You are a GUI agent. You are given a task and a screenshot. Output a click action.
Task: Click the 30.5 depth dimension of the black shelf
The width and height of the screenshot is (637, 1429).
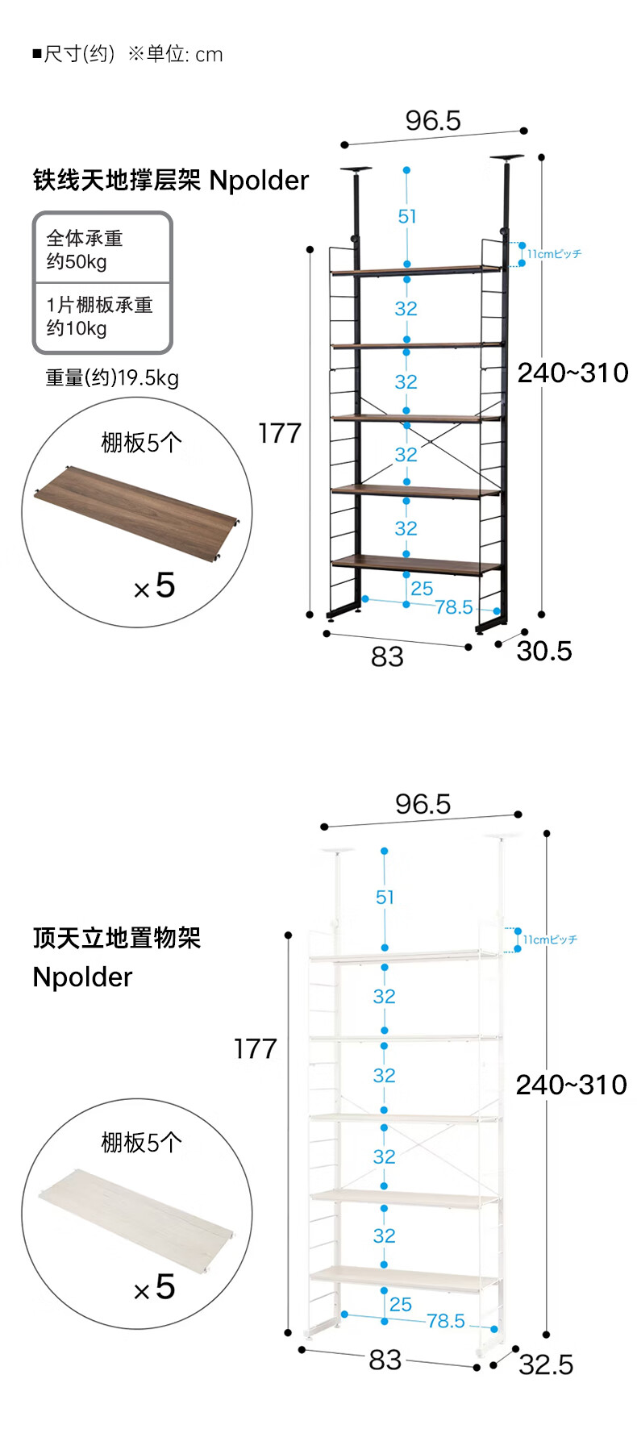pyautogui.click(x=544, y=651)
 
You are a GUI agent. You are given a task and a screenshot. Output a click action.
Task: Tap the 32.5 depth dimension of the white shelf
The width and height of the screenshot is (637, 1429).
pyautogui.click(x=546, y=1364)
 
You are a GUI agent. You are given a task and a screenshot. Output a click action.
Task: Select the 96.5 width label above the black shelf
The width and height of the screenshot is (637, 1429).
pyautogui.click(x=433, y=121)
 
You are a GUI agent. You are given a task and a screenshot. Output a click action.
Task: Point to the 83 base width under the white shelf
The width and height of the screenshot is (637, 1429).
pyautogui.click(x=385, y=1360)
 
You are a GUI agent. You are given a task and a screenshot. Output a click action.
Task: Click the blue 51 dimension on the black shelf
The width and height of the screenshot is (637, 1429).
pyautogui.click(x=407, y=216)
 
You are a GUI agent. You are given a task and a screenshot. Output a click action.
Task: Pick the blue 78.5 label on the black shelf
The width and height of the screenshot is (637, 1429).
pyautogui.click(x=453, y=607)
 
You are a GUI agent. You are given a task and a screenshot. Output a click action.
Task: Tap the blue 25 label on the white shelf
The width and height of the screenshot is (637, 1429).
pyautogui.click(x=401, y=1304)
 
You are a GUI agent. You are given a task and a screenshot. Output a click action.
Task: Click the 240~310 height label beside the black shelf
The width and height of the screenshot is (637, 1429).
pyautogui.click(x=572, y=373)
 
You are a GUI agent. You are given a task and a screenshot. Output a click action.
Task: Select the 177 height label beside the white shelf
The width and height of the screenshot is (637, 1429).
pyautogui.click(x=255, y=1048)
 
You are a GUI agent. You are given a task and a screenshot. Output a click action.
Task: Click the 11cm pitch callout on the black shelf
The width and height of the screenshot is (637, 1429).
pyautogui.click(x=554, y=254)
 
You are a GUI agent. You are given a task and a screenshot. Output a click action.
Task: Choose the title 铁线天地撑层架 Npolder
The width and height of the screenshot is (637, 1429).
pyautogui.click(x=170, y=180)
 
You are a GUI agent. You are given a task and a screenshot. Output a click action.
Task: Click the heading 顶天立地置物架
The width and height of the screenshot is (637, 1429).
pyautogui.click(x=117, y=938)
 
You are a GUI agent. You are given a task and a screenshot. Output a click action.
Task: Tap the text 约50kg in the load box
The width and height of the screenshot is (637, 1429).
pyautogui.click(x=77, y=261)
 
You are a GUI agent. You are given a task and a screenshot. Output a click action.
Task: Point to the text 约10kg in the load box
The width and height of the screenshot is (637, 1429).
pyautogui.click(x=77, y=328)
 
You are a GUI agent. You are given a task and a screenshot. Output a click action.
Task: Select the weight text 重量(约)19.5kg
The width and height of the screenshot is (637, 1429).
pyautogui.click(x=112, y=377)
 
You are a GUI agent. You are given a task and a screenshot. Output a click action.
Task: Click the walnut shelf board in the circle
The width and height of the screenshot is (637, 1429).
pyautogui.click(x=135, y=506)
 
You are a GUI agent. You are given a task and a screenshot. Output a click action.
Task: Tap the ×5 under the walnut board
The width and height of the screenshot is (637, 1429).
pyautogui.click(x=155, y=586)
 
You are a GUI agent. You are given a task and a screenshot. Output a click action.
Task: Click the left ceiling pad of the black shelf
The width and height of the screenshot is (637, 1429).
pyautogui.click(x=356, y=169)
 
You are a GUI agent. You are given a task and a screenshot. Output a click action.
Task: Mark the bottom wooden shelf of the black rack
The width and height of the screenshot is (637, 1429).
pyautogui.click(x=416, y=563)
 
